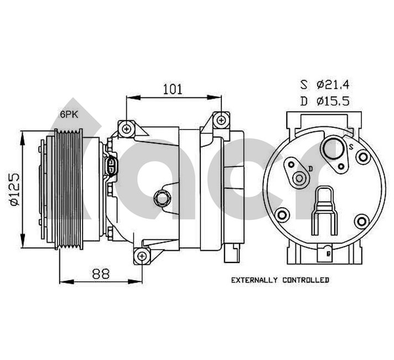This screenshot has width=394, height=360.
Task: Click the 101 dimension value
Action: (x=173, y=88)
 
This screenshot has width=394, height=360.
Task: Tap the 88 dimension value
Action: (x=100, y=274)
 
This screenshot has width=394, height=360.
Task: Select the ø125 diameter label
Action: (x=15, y=189)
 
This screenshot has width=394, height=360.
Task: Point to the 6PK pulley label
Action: (x=70, y=114)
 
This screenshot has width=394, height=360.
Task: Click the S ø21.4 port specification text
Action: (x=325, y=85)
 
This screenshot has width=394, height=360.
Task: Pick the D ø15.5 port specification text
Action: (x=325, y=101)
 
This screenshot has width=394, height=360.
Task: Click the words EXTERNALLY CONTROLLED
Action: (x=280, y=280)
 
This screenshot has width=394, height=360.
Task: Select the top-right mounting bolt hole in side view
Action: (x=221, y=120)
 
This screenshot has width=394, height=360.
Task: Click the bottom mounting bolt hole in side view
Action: (x=142, y=255)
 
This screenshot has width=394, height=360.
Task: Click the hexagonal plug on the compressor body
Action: (x=162, y=197)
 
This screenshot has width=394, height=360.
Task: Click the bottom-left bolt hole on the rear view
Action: (x=283, y=215)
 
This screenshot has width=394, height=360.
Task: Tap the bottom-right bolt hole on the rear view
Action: (x=362, y=222)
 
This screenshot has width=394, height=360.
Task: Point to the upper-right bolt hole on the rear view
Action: (x=363, y=158)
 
